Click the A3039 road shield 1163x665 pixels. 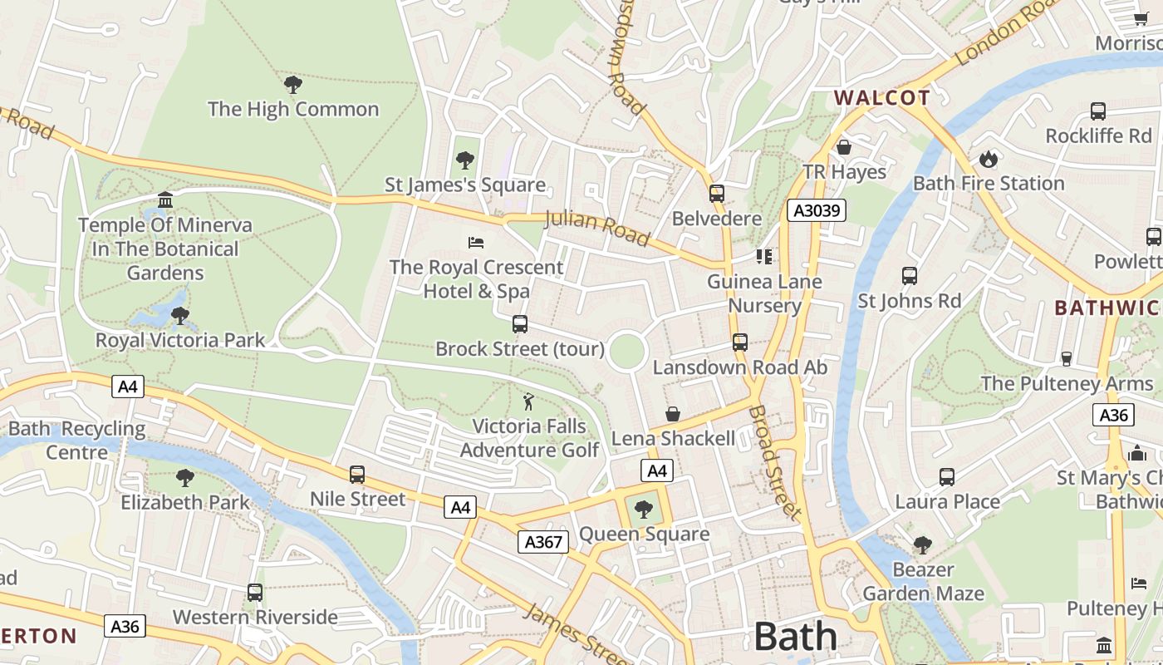pyautogui.click(x=817, y=210)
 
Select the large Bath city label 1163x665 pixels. pyautogui.click(x=796, y=637)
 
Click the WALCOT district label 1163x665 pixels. pyautogui.click(x=882, y=97)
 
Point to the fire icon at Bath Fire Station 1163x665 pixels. pyautogui.click(x=989, y=158)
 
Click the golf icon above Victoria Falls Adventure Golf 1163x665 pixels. pyautogui.click(x=528, y=402)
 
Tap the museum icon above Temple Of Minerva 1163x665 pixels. pyautogui.click(x=165, y=200)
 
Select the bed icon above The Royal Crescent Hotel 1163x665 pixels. pyautogui.click(x=476, y=243)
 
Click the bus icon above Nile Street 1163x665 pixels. pyautogui.click(x=357, y=475)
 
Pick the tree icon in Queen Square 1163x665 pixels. pyautogui.click(x=644, y=510)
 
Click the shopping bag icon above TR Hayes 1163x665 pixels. pyautogui.click(x=844, y=147)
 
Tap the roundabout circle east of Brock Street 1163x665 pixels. pyautogui.click(x=627, y=352)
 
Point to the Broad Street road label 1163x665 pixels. pyautogui.click(x=775, y=462)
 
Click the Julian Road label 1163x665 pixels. pyautogui.click(x=596, y=229)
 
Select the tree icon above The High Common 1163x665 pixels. pyautogui.click(x=292, y=84)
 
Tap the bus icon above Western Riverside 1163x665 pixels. pyautogui.click(x=255, y=593)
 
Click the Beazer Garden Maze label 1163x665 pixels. pyautogui.click(x=923, y=582)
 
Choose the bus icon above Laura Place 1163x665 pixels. pyautogui.click(x=947, y=477)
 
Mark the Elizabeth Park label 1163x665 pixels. pyautogui.click(x=184, y=502)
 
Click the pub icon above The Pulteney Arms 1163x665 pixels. pyautogui.click(x=1067, y=358)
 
